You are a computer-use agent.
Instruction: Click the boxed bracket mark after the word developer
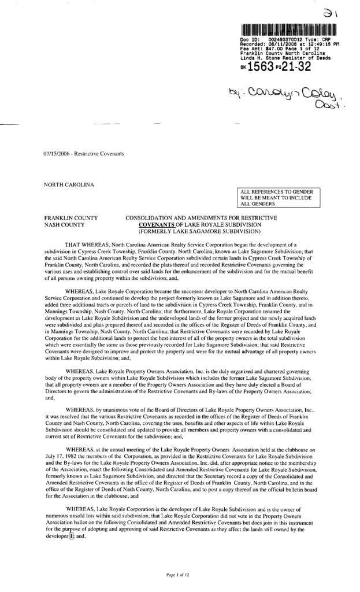click(x=72, y=535)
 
